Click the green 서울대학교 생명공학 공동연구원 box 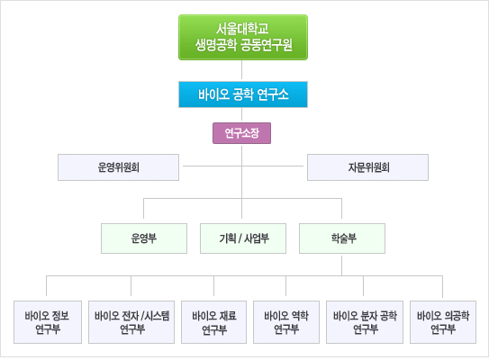tap(243, 38)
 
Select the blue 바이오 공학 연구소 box tap(243, 94)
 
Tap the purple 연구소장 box tap(241, 133)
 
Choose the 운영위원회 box tap(118, 167)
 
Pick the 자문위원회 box tap(367, 167)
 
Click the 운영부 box tap(144, 238)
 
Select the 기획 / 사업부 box tap(243, 238)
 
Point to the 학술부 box tap(342, 238)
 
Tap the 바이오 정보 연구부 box tap(48, 322)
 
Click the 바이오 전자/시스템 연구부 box tap(131, 322)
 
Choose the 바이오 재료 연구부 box tap(214, 322)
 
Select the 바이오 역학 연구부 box tap(286, 322)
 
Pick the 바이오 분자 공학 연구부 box tap(365, 322)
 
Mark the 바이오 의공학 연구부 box tap(443, 322)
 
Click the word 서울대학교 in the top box tap(242, 29)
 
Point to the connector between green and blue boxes tap(241, 71)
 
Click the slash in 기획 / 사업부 tap(240, 238)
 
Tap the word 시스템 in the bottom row tap(158, 316)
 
